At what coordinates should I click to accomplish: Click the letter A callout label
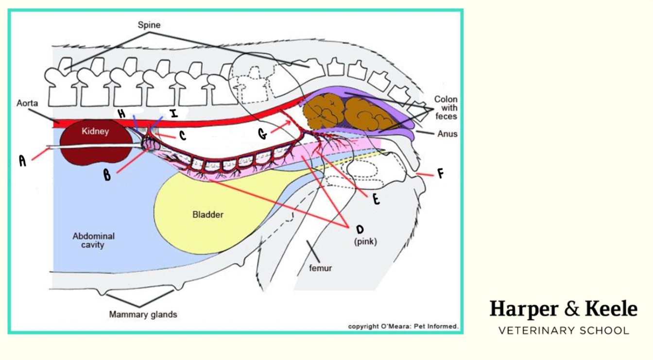[22, 161]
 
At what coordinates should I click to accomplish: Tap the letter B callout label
[107, 175]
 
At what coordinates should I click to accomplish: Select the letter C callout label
[182, 136]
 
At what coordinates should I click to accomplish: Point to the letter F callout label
[441, 174]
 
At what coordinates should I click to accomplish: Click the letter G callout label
[263, 134]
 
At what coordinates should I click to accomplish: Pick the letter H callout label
[122, 114]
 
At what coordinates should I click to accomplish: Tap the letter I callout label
[173, 114]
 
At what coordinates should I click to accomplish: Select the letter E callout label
[376, 200]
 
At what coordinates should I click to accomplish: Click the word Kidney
[95, 131]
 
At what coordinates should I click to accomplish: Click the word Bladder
[208, 214]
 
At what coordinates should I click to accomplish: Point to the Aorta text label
[27, 104]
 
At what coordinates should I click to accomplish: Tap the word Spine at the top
[149, 24]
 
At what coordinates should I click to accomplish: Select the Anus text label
[447, 134]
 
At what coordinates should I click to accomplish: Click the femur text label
[320, 267]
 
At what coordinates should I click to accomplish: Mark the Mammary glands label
[143, 314]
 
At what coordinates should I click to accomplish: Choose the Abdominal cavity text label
[93, 240]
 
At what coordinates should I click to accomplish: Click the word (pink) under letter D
[365, 241]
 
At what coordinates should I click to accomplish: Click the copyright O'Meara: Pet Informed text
[403, 326]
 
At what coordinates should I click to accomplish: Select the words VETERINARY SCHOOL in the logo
[564, 331]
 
